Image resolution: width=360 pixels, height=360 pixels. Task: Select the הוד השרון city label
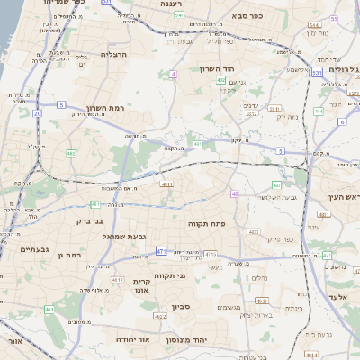click(x=216, y=69)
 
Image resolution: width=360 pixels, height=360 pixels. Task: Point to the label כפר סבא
click(x=245, y=15)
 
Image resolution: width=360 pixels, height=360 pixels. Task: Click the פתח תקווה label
click(x=206, y=222)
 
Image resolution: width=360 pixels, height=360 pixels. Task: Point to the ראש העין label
click(x=343, y=197)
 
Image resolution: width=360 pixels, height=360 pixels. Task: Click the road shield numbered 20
click(x=38, y=113)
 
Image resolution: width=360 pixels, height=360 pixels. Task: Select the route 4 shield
click(x=173, y=73)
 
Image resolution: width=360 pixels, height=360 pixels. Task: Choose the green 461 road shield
click(x=48, y=310)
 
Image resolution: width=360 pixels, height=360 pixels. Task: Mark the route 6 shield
click(x=342, y=121)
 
